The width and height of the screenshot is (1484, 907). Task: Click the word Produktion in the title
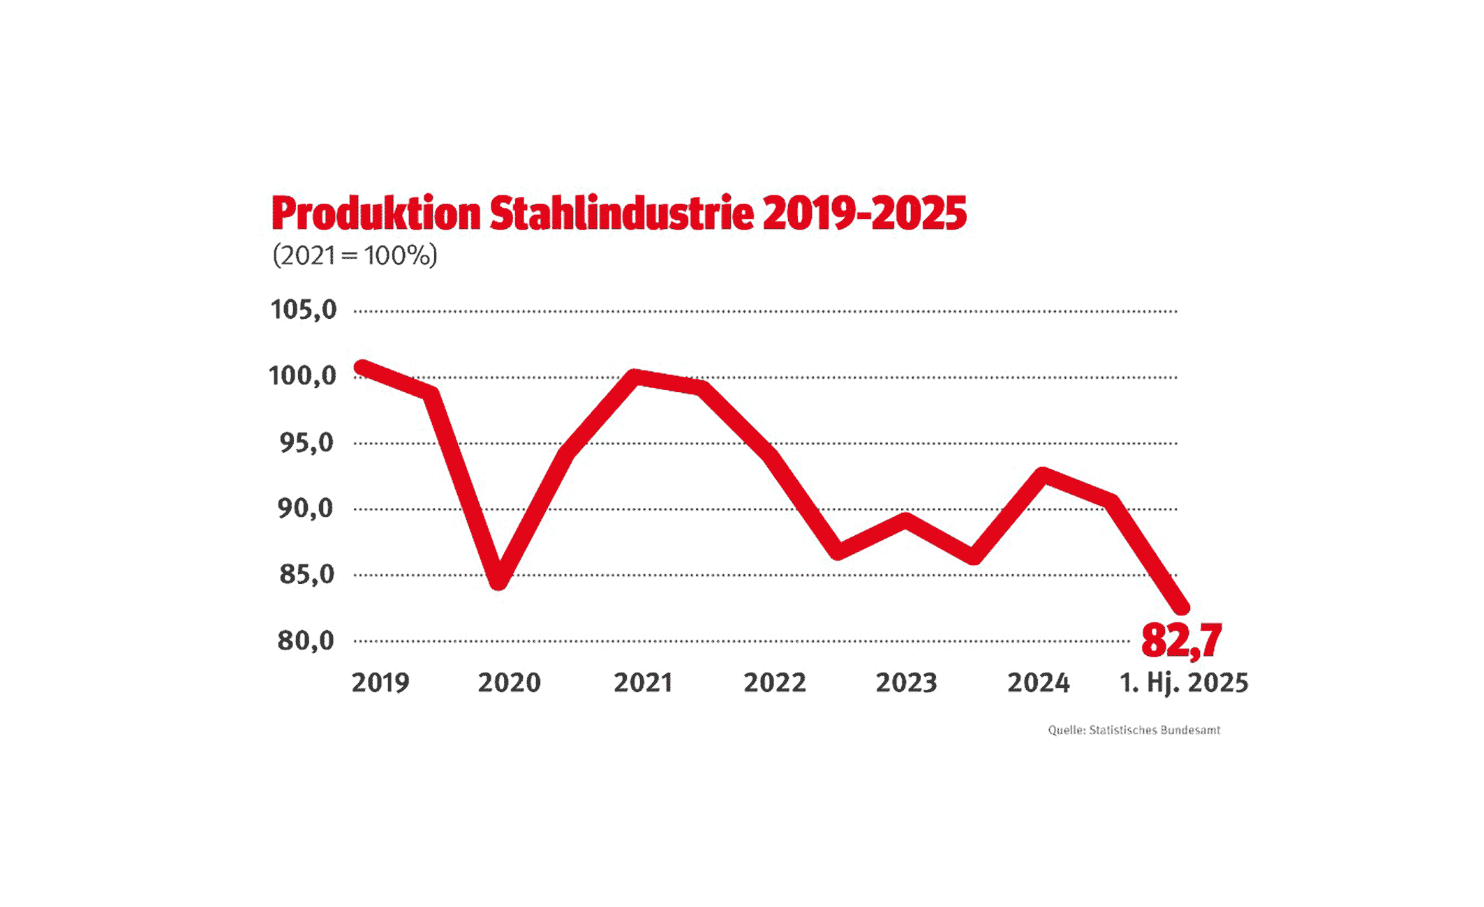376,214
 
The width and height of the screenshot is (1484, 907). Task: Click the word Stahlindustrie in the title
621,213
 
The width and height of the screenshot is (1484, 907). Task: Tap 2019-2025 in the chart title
864,213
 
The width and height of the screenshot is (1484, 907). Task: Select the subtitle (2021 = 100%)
355,255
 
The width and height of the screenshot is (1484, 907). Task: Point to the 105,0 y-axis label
304,309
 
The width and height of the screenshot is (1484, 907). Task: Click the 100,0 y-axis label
302,376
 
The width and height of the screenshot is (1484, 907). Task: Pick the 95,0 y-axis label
306,442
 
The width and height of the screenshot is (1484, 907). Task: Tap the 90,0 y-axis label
306,509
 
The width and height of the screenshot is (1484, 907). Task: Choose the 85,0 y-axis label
306,575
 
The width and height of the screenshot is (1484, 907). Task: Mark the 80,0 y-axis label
306,640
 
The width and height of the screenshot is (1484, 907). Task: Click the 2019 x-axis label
380,682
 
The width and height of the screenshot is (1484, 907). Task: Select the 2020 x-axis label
509,682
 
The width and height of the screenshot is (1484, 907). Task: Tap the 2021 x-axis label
643,682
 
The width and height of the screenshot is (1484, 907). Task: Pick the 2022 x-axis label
775,682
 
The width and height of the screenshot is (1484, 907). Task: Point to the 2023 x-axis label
906,682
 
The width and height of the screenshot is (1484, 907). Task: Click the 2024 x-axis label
1038,682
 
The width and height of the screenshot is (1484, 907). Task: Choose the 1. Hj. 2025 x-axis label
1184,682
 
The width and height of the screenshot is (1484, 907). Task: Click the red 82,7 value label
1181,640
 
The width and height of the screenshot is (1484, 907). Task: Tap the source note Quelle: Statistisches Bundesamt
1134,730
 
